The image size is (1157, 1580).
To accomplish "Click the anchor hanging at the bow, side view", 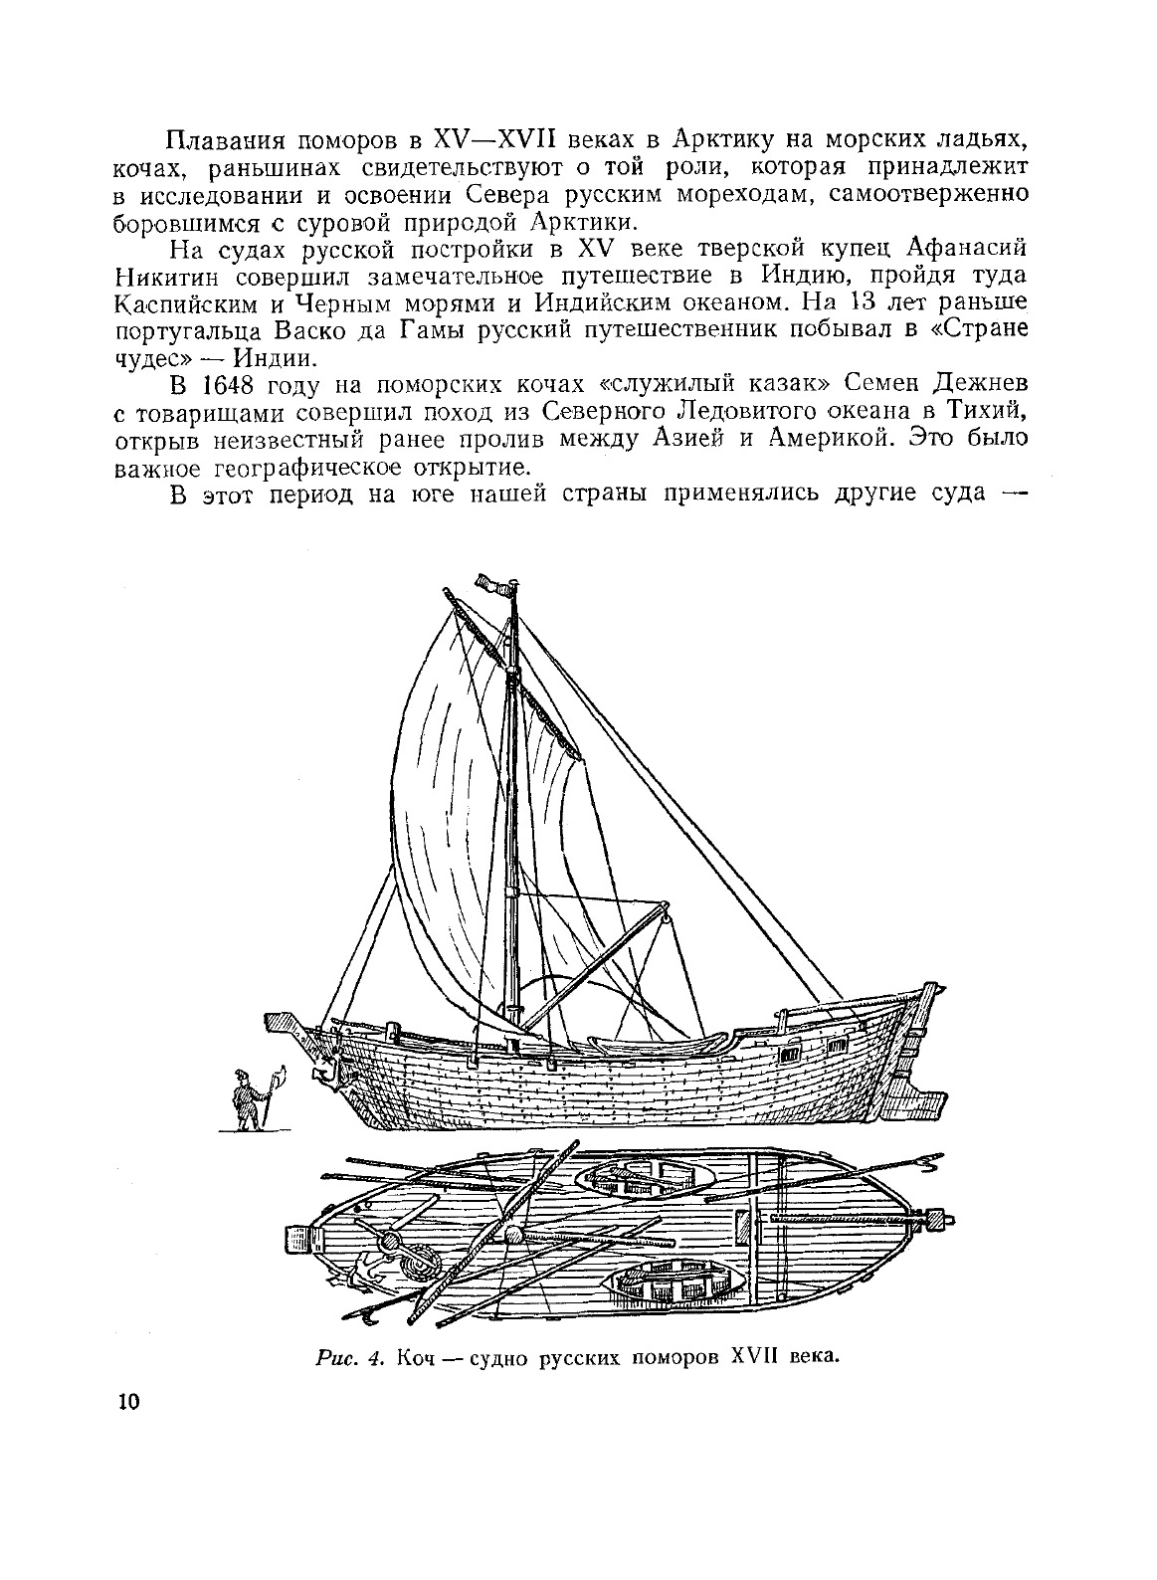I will pos(325,1071).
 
